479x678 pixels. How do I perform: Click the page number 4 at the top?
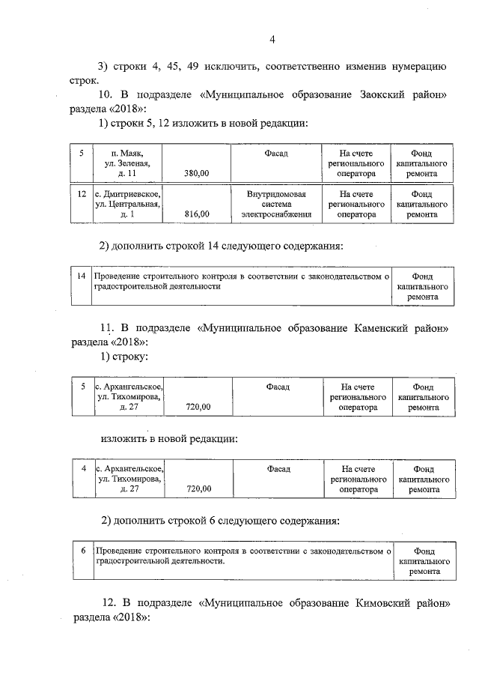[x=272, y=40]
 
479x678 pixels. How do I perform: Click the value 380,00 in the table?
[x=196, y=173]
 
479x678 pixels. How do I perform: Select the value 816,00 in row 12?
[x=196, y=214]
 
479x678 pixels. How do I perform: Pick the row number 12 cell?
[x=81, y=194]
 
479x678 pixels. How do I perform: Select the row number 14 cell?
[x=81, y=276]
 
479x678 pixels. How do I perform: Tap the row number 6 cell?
[x=82, y=551]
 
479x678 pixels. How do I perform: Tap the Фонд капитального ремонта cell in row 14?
[x=423, y=286]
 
